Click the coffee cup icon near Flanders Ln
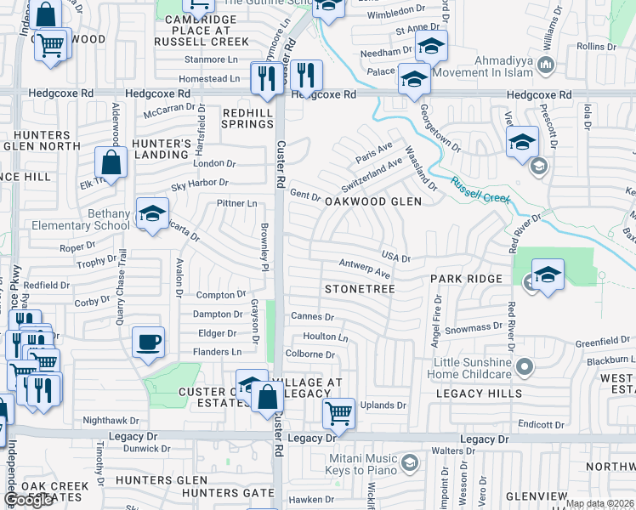[x=148, y=343]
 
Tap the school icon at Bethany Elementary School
[x=152, y=213]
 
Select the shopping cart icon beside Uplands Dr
[x=338, y=414]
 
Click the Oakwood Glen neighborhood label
[x=373, y=201]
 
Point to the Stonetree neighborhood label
[x=360, y=290]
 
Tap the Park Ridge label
[x=466, y=279]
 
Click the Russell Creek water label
[x=480, y=190]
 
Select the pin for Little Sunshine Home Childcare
[x=525, y=367]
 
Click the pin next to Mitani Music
[x=410, y=463]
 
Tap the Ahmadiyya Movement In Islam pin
[x=547, y=65]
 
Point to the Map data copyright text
[x=599, y=503]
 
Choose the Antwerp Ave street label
[x=364, y=268]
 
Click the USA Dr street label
[x=395, y=257]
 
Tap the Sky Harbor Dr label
[x=200, y=182]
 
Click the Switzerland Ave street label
[x=372, y=174]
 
